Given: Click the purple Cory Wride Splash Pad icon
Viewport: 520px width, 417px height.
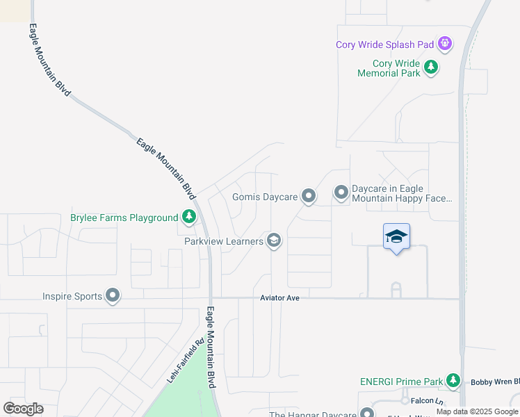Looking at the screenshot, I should [x=445, y=44].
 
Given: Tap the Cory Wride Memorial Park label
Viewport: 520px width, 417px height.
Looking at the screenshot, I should [x=389, y=67].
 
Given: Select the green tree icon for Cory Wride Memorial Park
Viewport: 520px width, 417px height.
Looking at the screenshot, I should [x=432, y=67].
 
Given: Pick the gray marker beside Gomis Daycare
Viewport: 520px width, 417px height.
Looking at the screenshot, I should [x=309, y=197].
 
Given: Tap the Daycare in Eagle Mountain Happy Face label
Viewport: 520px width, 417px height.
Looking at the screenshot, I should [x=402, y=193].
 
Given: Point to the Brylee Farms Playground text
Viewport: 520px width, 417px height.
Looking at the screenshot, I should [x=124, y=218].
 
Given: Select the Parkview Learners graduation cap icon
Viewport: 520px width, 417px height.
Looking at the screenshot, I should [x=274, y=241].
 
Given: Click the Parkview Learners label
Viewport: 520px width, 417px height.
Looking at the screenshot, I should [x=224, y=241].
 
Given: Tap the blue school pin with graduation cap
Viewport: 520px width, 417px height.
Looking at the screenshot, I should [x=396, y=237].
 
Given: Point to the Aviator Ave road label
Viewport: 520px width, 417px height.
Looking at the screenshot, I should [x=279, y=297].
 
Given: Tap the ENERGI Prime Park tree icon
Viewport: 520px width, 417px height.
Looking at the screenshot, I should [x=453, y=381].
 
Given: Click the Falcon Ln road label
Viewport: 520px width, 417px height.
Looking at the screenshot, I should [x=427, y=401].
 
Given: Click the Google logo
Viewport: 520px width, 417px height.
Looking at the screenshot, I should [x=23, y=409].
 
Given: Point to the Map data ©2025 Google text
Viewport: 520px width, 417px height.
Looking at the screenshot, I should [x=477, y=411].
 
